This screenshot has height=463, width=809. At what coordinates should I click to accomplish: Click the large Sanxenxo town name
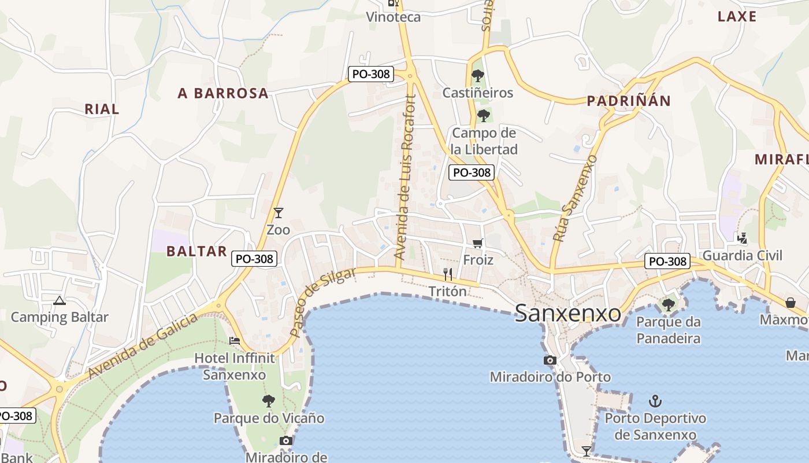pos(568,314)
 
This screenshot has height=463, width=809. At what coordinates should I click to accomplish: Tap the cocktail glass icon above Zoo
pos(279,213)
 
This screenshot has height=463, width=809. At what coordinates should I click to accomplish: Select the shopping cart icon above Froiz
pos(477,243)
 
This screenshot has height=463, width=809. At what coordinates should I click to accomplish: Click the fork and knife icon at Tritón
pos(448,274)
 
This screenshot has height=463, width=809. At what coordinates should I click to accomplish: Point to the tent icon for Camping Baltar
pos(59,300)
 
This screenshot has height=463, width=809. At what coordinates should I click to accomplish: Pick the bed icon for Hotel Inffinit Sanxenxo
pos(235,340)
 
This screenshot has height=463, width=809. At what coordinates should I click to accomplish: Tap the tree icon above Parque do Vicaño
pos(269,400)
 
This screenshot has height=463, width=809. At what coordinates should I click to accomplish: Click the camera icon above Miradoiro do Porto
pos(550,360)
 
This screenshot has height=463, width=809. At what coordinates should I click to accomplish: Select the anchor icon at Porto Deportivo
pos(655,400)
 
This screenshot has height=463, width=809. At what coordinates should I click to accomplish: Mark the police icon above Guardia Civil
pos(742,238)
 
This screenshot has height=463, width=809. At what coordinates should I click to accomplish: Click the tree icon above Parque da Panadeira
pos(669,304)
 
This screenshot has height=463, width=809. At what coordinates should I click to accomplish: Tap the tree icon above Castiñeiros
pos(477,75)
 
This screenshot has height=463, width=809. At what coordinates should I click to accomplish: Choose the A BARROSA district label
pos(223,93)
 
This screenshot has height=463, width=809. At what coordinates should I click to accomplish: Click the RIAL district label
pos(102,109)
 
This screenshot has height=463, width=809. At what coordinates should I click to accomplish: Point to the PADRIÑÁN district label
pos(629,101)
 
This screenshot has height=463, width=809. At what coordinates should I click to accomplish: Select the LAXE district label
pos(737,16)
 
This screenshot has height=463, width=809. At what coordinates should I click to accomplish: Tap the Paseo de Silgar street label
pos(322,303)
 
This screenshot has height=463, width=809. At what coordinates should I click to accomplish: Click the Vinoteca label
pos(394,17)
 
